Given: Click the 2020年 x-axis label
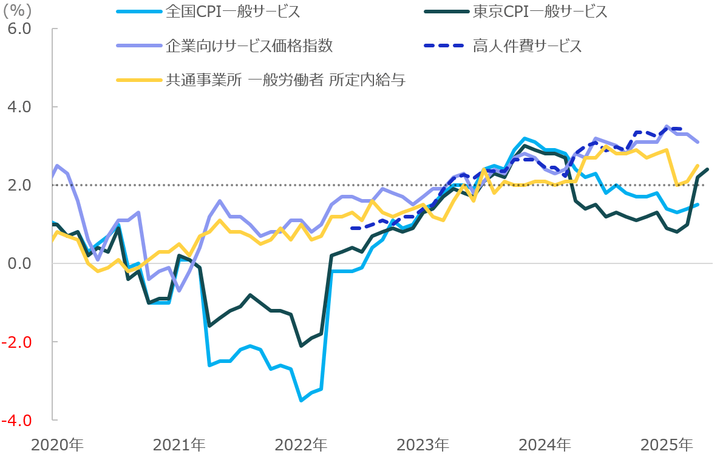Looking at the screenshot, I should pyautogui.click(x=57, y=444).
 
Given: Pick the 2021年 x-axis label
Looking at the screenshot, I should pyautogui.click(x=179, y=444).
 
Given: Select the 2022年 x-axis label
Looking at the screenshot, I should pyautogui.click(x=301, y=444).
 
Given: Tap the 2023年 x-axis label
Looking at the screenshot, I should pyautogui.click(x=423, y=444).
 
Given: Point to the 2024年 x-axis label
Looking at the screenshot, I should pyautogui.click(x=545, y=444).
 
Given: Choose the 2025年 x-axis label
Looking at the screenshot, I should pyautogui.click(x=667, y=444).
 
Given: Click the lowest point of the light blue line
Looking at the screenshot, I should pyautogui.click(x=301, y=401).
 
